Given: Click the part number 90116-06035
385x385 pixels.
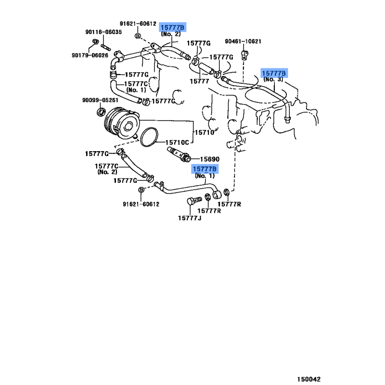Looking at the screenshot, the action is [x=103, y=32].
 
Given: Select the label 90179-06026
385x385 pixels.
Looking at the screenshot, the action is [x=90, y=55].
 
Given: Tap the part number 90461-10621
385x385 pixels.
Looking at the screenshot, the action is [x=243, y=41].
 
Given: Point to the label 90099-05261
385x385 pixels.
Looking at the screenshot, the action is [x=100, y=100].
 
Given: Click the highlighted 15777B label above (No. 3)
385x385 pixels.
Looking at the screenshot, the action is [x=274, y=73].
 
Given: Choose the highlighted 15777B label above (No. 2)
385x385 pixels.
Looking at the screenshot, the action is [x=172, y=27].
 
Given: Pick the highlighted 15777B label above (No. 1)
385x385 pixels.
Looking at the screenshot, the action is [x=205, y=169].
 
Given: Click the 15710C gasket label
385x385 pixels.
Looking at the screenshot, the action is [x=177, y=142].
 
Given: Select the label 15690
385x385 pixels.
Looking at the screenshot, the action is [x=210, y=159].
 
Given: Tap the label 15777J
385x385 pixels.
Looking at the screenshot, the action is [x=190, y=218].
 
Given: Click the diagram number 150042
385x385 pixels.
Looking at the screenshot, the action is [x=308, y=379].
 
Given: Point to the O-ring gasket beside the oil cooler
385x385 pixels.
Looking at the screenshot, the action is [x=149, y=137].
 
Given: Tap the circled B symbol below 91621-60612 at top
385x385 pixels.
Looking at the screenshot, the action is [x=138, y=36].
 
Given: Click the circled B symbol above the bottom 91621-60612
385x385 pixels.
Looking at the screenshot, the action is [x=141, y=190].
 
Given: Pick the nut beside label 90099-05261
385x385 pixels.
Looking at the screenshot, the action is [x=101, y=112].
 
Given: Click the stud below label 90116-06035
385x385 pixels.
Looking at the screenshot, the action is [x=105, y=47].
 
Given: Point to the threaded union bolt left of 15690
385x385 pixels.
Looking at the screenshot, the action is [x=178, y=154].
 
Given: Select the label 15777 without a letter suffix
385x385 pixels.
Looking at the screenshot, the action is [x=199, y=81].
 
